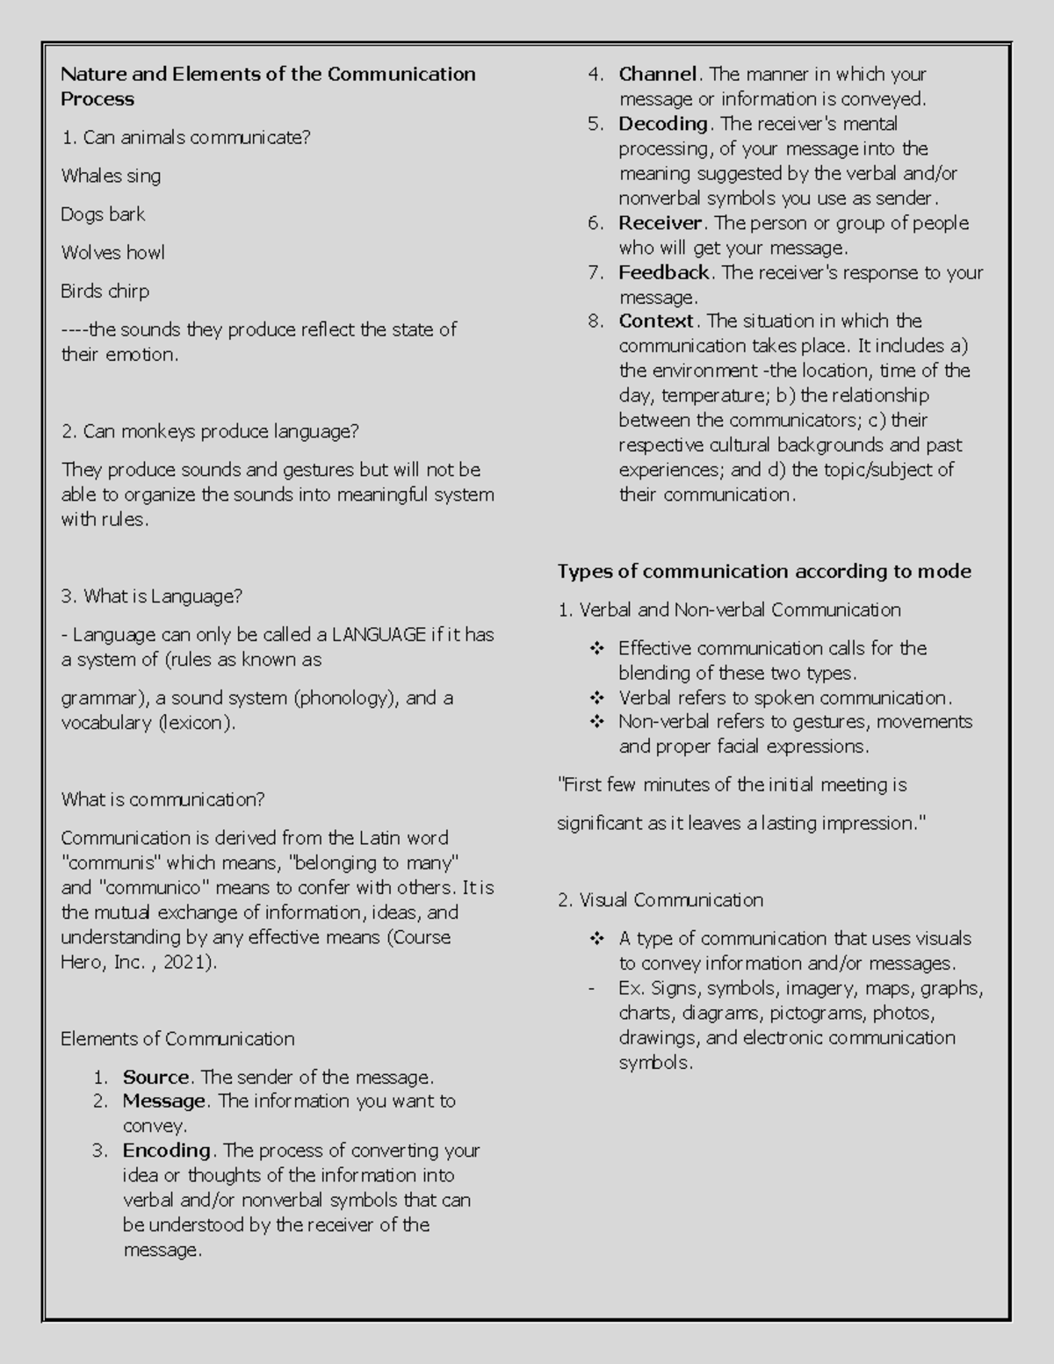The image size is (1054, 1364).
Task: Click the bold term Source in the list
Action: (155, 1077)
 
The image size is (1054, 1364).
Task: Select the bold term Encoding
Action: (166, 1151)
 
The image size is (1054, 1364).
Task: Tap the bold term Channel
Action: (657, 75)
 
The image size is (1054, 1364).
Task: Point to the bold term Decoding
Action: (663, 124)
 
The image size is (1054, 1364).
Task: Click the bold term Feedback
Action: (663, 272)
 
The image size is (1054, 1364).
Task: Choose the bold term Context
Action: (656, 321)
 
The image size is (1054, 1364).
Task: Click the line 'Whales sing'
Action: (111, 176)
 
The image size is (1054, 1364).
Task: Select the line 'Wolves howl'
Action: (112, 253)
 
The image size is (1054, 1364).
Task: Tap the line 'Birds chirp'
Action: (105, 292)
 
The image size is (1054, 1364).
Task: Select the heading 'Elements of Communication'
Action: (177, 1039)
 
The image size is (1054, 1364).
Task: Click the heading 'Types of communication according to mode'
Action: (764, 572)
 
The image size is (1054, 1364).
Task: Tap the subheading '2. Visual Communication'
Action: (660, 900)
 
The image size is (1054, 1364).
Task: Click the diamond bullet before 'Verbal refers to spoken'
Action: (597, 698)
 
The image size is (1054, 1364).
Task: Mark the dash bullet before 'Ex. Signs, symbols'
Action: (591, 989)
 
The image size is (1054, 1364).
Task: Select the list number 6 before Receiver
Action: (595, 223)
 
